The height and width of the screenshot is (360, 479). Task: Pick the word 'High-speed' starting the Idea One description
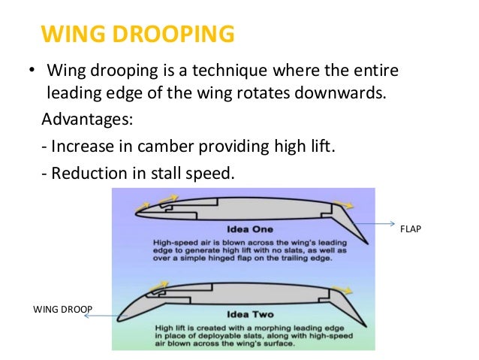point(174,244)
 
